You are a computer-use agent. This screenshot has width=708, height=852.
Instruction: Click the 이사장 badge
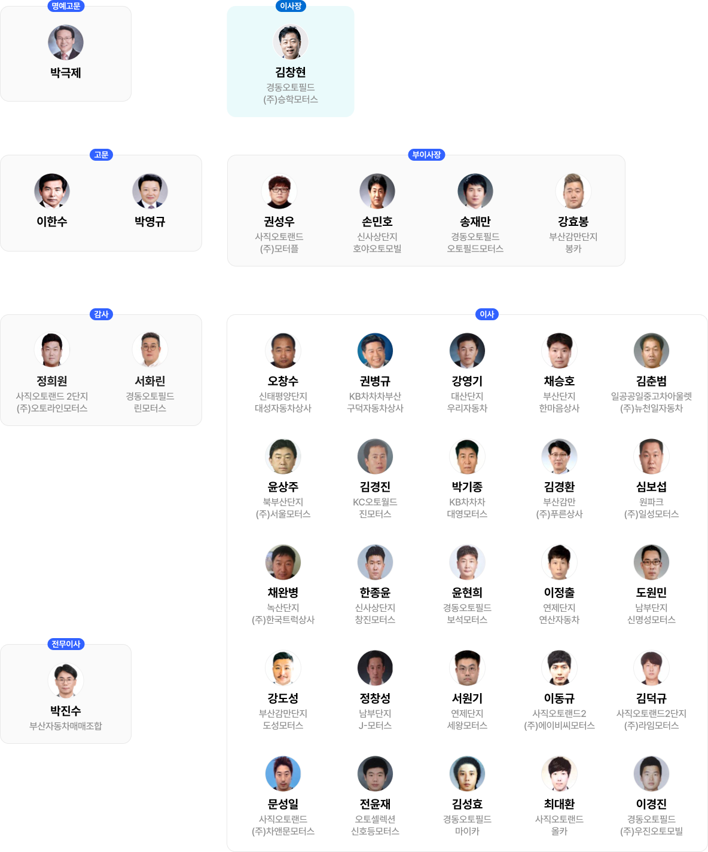click(x=290, y=6)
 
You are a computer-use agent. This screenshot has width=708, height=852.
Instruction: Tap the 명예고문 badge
click(x=66, y=6)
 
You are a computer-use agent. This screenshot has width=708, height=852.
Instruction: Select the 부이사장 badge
click(x=426, y=155)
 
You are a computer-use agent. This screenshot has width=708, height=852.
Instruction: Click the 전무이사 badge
click(x=66, y=644)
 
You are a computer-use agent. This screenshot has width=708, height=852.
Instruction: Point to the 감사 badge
click(x=101, y=314)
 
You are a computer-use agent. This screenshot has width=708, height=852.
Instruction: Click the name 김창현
click(x=290, y=72)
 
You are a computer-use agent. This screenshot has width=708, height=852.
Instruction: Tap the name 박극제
click(x=66, y=73)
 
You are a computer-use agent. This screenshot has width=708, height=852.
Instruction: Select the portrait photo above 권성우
click(x=279, y=191)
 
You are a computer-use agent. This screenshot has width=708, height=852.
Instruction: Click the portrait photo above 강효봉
click(x=573, y=191)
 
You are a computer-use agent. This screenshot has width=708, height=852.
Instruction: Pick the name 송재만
click(x=475, y=222)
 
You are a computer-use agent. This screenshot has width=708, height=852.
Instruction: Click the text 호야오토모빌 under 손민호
click(x=377, y=249)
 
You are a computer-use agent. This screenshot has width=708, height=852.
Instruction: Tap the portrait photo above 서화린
click(x=150, y=350)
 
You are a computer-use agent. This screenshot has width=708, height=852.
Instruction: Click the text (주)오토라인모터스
click(x=52, y=408)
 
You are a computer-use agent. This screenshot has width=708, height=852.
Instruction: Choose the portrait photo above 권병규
click(x=375, y=351)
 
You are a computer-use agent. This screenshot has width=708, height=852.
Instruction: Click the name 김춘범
click(x=651, y=381)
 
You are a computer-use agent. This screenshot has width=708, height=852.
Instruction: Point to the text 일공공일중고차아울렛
click(x=651, y=396)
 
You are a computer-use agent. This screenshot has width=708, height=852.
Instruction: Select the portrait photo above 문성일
click(x=283, y=773)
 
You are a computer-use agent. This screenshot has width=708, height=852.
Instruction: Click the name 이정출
click(x=559, y=593)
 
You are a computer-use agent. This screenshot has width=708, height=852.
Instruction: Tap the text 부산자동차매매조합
click(x=66, y=726)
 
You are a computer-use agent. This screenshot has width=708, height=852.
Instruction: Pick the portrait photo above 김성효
click(x=467, y=773)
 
